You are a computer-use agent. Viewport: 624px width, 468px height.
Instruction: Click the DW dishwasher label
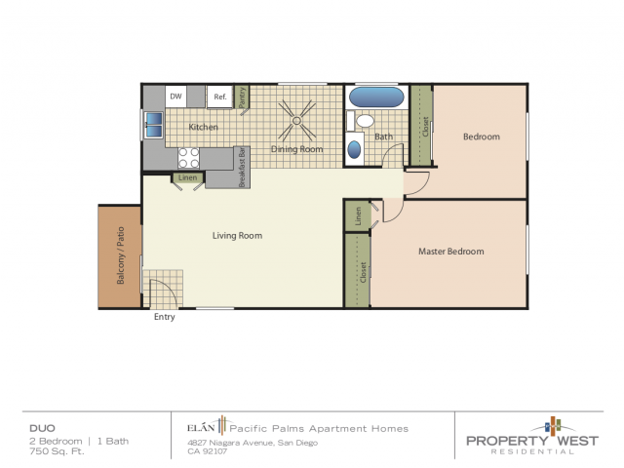point(176,97)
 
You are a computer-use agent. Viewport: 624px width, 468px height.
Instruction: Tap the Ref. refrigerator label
point(220,97)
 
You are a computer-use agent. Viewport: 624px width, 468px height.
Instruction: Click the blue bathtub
point(375,97)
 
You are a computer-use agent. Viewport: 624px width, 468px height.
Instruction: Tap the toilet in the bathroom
point(365,122)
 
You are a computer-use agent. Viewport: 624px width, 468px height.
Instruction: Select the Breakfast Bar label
point(242,167)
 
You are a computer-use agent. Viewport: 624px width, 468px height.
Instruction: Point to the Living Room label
point(237,236)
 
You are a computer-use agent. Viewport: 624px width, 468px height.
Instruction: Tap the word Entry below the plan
point(165,317)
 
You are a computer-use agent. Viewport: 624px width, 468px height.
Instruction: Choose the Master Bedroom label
point(450,252)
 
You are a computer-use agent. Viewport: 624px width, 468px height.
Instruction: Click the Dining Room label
point(297,149)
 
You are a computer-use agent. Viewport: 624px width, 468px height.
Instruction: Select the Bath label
point(384,136)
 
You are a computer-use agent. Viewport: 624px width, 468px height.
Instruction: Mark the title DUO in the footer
point(40,428)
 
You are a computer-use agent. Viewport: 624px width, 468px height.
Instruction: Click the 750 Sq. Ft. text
point(53,451)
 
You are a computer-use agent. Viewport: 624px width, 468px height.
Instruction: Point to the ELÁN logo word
point(200,428)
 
